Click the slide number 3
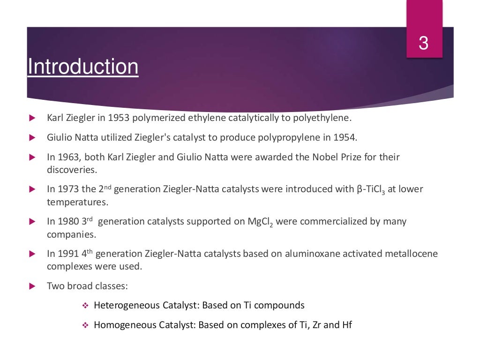(x=423, y=43)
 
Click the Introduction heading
(x=83, y=67)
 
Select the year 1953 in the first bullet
(x=119, y=118)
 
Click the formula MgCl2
(x=260, y=222)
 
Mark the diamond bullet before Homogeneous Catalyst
(x=85, y=325)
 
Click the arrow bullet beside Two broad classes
(x=32, y=285)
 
